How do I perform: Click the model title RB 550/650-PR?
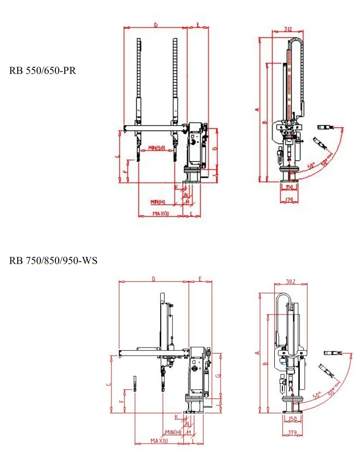pos(43,71)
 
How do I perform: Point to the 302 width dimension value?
pos(291,281)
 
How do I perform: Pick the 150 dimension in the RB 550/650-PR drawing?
pos(289,187)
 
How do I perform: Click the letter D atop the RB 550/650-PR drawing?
pos(156,25)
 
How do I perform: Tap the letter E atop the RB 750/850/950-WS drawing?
pos(200,278)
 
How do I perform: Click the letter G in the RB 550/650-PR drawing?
pos(214,149)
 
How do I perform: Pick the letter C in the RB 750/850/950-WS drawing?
pos(108,384)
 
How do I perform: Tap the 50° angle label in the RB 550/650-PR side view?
pos(311,166)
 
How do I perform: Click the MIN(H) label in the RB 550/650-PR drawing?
pos(158,202)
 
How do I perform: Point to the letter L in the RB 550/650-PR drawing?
pos(192,214)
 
